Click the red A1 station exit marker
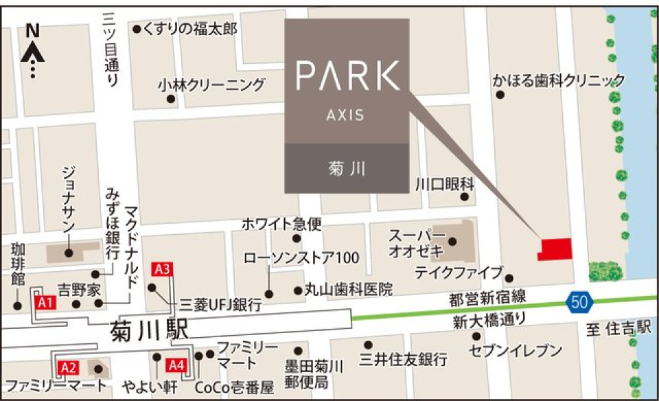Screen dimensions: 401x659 click(45, 301)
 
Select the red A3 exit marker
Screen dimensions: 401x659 click(163, 270)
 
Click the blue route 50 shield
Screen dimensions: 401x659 click(579, 300)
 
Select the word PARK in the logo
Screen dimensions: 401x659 click(348, 76)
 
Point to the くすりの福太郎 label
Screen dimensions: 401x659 click(191, 29)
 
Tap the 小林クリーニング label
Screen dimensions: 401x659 click(211, 85)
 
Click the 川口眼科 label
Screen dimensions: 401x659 click(445, 183)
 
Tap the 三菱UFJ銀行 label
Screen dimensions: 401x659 click(220, 305)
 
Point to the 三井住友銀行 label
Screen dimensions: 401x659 click(404, 359)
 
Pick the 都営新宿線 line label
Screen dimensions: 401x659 click(487, 298)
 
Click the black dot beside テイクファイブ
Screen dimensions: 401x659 click(509, 279)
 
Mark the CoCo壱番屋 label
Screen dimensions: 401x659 click(233, 387)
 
